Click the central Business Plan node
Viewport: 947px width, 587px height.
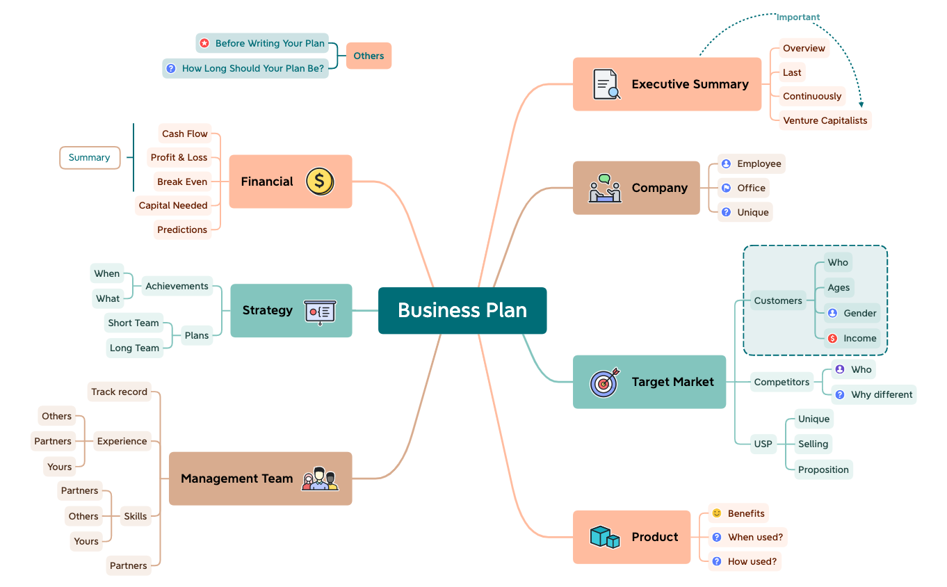click(x=462, y=310)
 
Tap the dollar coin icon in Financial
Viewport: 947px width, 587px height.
click(x=320, y=182)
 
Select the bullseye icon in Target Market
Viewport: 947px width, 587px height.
click(x=604, y=383)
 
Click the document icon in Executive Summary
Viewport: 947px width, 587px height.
click(x=606, y=84)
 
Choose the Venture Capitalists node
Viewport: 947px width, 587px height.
click(x=825, y=120)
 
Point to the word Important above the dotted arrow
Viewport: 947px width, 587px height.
click(x=798, y=17)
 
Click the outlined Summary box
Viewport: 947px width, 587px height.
click(x=89, y=158)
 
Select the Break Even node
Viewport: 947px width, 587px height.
click(x=182, y=182)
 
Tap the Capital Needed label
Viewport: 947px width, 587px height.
click(x=173, y=205)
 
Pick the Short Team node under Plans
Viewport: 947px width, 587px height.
click(x=133, y=323)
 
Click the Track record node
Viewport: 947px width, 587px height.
click(x=119, y=392)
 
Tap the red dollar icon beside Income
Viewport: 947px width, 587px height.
click(x=832, y=339)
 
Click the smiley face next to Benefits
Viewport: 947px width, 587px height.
click(x=717, y=513)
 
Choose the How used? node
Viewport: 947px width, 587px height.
click(x=745, y=561)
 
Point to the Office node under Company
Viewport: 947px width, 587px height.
click(x=743, y=188)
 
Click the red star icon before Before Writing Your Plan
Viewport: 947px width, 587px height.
click(x=204, y=43)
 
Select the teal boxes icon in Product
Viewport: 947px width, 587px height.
click(x=604, y=537)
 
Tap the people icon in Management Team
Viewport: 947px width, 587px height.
click(x=320, y=479)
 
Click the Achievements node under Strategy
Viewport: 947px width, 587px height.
click(x=177, y=286)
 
